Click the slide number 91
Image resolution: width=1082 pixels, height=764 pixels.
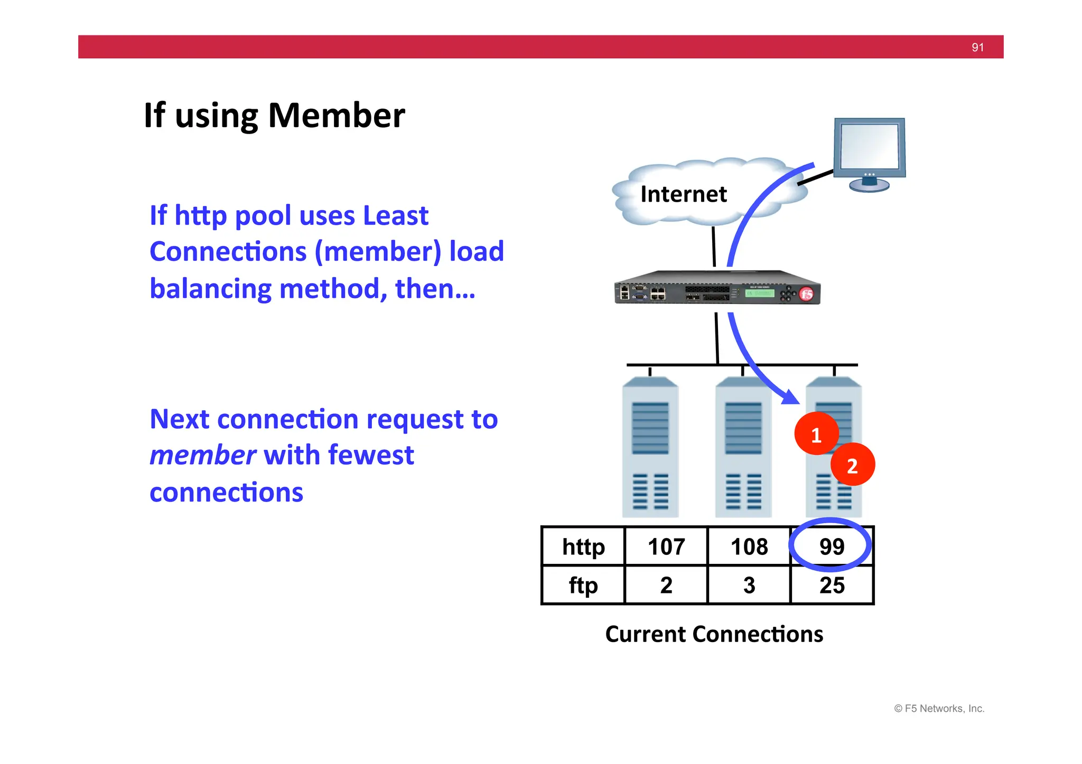click(977, 48)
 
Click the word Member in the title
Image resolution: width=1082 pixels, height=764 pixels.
click(337, 116)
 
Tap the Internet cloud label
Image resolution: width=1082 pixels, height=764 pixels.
click(683, 194)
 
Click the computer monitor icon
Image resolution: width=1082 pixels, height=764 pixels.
click(870, 153)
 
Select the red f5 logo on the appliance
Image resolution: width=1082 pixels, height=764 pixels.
click(806, 294)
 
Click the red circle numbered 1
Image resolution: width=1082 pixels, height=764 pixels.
click(816, 435)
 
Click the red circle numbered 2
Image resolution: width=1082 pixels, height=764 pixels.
click(852, 465)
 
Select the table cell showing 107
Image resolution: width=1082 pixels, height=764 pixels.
click(666, 546)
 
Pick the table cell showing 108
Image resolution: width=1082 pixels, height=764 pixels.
click(749, 546)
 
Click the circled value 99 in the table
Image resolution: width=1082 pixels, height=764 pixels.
click(832, 546)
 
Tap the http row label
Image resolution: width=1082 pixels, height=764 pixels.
click(583, 546)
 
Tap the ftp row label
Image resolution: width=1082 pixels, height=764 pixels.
click(583, 585)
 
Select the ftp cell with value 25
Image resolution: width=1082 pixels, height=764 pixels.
click(832, 585)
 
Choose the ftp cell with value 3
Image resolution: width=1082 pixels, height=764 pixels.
click(749, 585)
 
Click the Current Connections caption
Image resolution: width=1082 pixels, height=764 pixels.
click(714, 634)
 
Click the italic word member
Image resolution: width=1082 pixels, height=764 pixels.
click(203, 455)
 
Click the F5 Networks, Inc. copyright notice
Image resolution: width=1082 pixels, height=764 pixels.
click(939, 709)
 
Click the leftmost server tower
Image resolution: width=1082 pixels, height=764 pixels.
click(650, 448)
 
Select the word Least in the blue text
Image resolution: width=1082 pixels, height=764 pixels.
click(395, 215)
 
